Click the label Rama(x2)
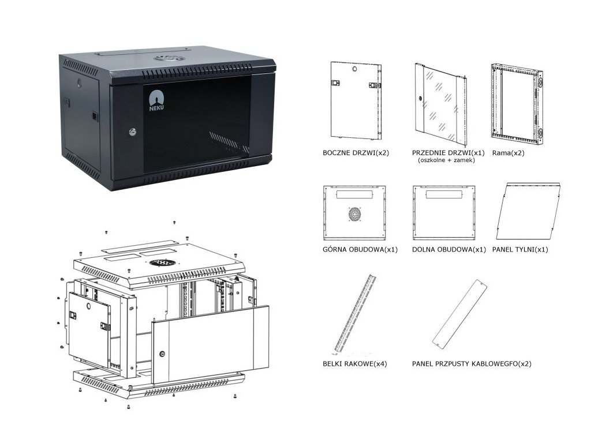pyautogui.click(x=508, y=154)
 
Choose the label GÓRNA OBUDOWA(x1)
pyautogui.click(x=353, y=250)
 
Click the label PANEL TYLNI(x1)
pyautogui.click(x=519, y=250)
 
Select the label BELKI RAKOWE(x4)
pyautogui.click(x=354, y=364)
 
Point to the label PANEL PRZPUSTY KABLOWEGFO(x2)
pyautogui.click(x=472, y=364)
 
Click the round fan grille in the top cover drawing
pyautogui.click(x=354, y=215)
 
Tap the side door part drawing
pyautogui.click(x=356, y=100)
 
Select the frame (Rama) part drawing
pyautogui.click(x=516, y=103)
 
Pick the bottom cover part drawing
pyautogui.click(x=444, y=212)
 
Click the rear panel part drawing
pyautogui.click(x=528, y=211)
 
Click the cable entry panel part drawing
pyautogui.click(x=459, y=314)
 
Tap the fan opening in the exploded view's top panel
pyautogui.click(x=163, y=262)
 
